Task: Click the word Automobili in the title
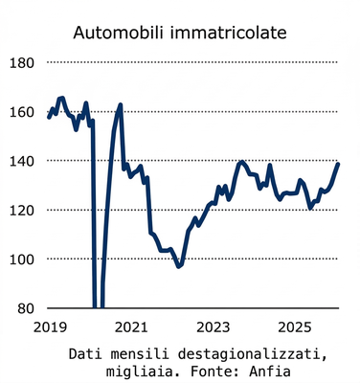pyautogui.click(x=121, y=34)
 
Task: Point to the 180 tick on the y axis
pyautogui.click(x=21, y=63)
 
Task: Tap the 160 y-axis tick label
pyautogui.click(x=21, y=112)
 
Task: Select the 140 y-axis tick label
pyautogui.click(x=21, y=161)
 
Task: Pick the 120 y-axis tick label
pyautogui.click(x=21, y=210)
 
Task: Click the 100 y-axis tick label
pyautogui.click(x=21, y=259)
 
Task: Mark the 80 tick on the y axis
pyautogui.click(x=25, y=308)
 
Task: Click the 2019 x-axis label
pyautogui.click(x=47, y=327)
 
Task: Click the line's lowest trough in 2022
pyautogui.click(x=178, y=266)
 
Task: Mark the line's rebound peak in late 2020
pyautogui.click(x=121, y=104)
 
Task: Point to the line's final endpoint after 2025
pyautogui.click(x=339, y=164)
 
